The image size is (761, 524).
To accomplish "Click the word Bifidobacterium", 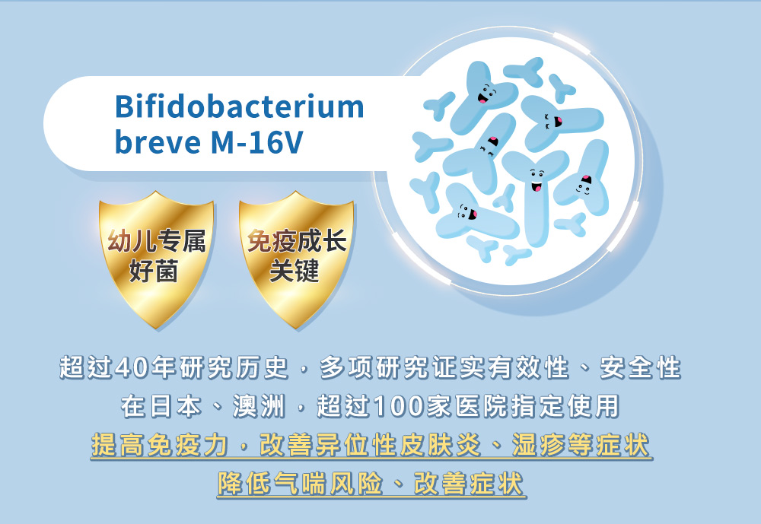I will click(x=239, y=107).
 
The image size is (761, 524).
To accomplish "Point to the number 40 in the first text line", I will click(x=133, y=369).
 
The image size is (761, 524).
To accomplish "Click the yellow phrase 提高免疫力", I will click(x=159, y=445).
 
